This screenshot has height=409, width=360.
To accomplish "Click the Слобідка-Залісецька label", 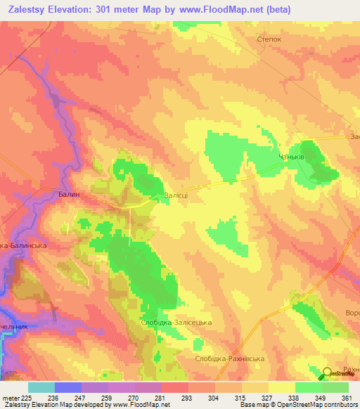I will click(x=176, y=323).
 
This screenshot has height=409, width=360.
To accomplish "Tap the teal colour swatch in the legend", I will click(x=41, y=387).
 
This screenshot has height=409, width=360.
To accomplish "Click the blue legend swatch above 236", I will click(x=67, y=387).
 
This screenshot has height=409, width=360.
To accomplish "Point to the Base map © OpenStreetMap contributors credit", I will click(x=296, y=405).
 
